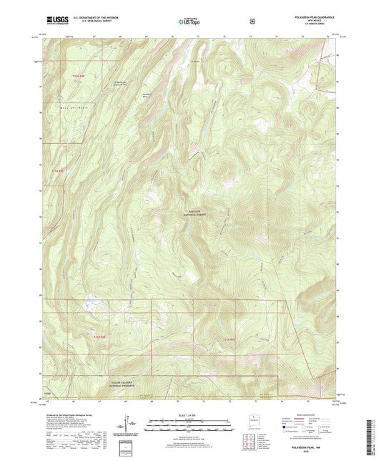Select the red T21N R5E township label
coord(227,339)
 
